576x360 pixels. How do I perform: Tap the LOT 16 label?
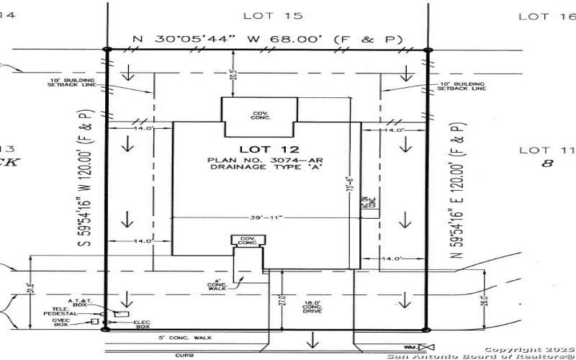(x=544, y=16)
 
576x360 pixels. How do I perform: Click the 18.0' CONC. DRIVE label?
(x=311, y=306)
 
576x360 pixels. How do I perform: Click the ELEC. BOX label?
(x=141, y=325)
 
